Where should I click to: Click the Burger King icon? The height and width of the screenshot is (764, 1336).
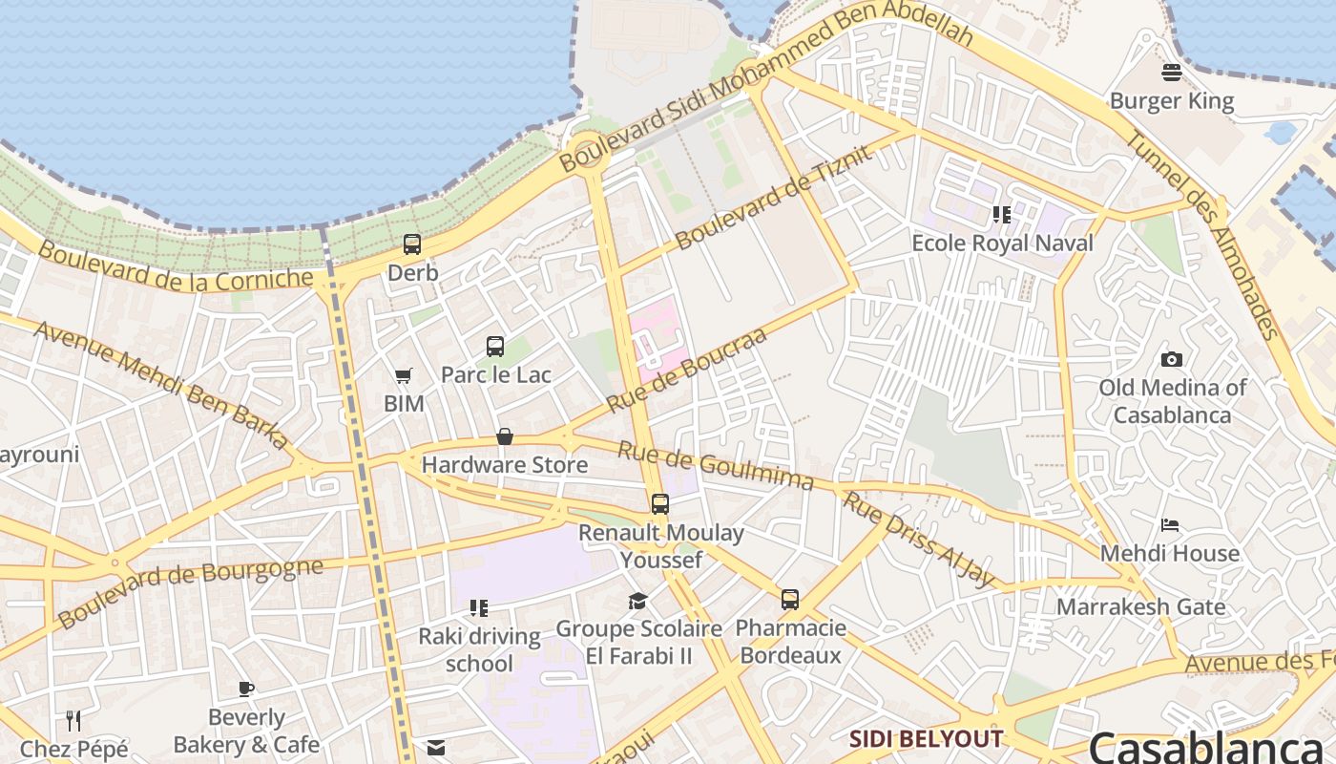click(1172, 73)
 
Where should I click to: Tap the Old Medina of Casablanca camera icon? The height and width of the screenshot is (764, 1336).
click(1172, 359)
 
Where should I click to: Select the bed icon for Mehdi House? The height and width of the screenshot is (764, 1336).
click(1170, 525)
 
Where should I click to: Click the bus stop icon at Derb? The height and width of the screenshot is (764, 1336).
click(412, 244)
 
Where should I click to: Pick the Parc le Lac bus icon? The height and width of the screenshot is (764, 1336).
click(494, 347)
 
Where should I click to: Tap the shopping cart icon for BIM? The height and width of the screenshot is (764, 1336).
click(404, 376)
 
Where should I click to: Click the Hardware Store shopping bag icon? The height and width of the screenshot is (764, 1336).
click(505, 437)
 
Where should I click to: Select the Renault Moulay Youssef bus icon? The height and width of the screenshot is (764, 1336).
click(660, 504)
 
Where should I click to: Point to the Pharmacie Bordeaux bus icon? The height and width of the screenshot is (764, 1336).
click(790, 600)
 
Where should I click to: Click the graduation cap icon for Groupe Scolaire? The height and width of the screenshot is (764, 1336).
click(637, 601)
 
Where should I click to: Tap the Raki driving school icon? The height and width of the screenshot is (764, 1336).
click(479, 608)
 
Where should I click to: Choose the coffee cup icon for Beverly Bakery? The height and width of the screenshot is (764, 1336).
click(246, 689)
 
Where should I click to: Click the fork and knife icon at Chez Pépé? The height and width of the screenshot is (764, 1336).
click(73, 720)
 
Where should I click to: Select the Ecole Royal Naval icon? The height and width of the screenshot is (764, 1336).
click(1001, 215)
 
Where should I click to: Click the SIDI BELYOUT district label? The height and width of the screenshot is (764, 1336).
click(926, 738)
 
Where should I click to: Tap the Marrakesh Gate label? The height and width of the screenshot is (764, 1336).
click(1140, 606)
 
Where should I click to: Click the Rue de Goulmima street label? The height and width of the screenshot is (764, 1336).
click(716, 465)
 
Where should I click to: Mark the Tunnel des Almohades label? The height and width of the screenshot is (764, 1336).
click(1201, 234)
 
